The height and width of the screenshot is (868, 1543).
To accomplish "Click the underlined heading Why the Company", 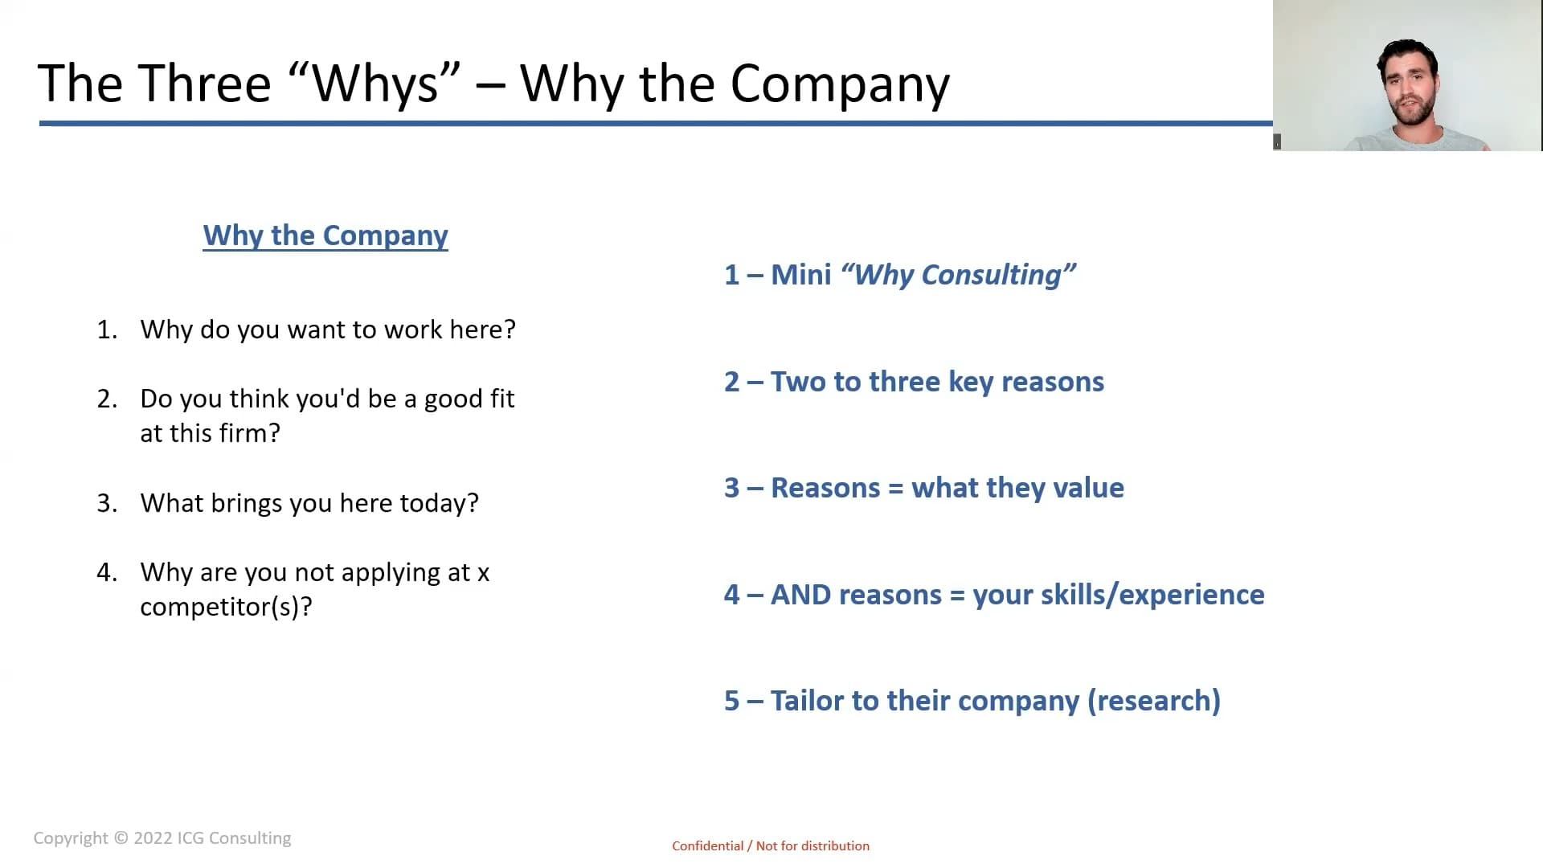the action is [325, 235].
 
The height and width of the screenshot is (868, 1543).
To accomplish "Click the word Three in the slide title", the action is [205, 84].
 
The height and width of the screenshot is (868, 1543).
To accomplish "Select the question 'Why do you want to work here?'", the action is [328, 330].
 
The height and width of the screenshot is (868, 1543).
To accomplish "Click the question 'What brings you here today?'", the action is [309, 503].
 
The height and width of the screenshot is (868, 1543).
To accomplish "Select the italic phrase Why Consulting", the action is [958, 275].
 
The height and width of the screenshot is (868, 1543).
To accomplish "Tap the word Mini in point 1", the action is [800, 275].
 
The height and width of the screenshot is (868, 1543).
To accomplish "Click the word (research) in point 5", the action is [1154, 701].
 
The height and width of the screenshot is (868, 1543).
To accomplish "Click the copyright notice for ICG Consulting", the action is [162, 838].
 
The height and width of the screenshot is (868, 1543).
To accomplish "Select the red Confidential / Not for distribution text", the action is [771, 845].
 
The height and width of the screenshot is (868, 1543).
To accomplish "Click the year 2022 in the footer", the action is [153, 838].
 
